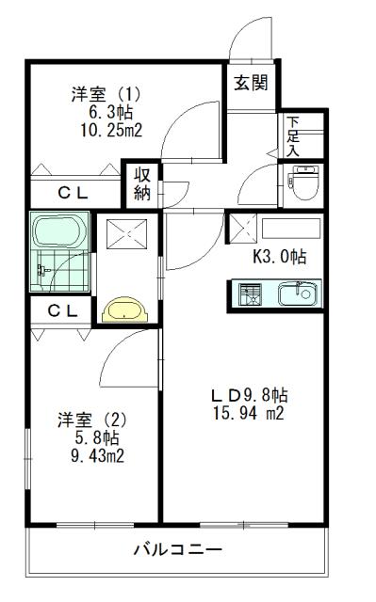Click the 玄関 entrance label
point(250,81)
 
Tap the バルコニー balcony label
point(177,550)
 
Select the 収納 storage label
point(142,184)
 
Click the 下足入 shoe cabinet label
point(293,135)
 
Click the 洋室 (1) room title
point(106,94)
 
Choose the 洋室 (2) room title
point(92,419)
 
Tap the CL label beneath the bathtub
point(61,309)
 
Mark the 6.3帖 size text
point(106,113)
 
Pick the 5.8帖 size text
point(97,437)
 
